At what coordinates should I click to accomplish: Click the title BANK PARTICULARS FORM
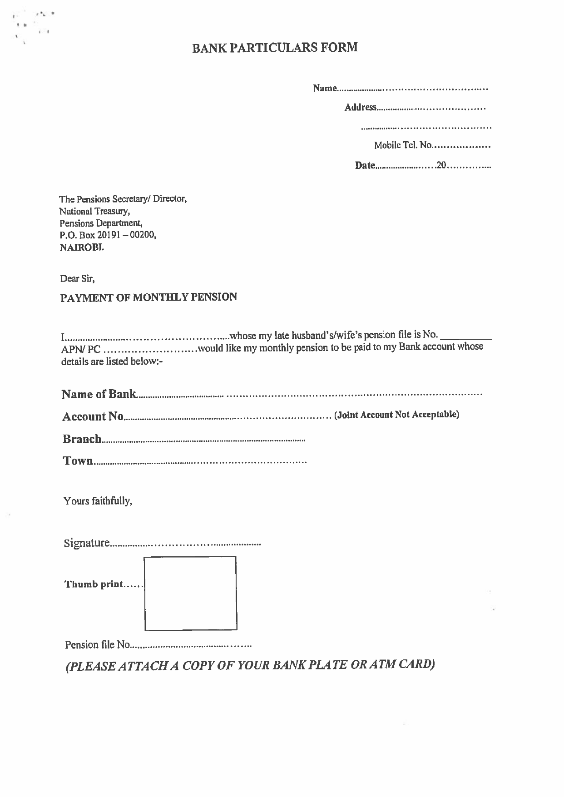click(275, 48)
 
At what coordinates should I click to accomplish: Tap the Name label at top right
click(324, 88)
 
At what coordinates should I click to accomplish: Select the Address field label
click(360, 108)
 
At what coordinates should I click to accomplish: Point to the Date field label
click(365, 166)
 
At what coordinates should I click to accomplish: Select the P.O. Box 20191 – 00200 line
click(108, 235)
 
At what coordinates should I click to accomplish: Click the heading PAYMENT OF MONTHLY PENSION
click(148, 297)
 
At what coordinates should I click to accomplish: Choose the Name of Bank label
click(99, 394)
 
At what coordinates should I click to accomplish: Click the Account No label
click(93, 416)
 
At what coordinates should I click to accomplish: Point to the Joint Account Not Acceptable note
click(396, 415)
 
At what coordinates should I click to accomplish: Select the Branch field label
click(82, 439)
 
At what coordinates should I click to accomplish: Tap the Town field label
click(78, 461)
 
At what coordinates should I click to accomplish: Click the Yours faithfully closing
click(98, 501)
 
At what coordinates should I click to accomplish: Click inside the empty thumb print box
click(190, 593)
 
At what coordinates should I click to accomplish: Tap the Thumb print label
click(94, 584)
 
